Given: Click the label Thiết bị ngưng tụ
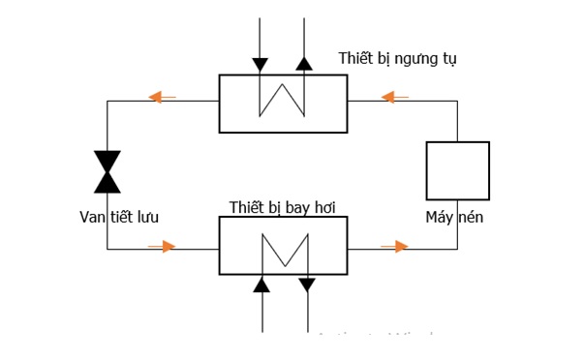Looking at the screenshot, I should point(397,58).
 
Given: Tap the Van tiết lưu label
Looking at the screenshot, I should point(119,218).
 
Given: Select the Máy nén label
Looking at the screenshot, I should point(454,218).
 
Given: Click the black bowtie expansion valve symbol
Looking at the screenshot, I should point(107,171).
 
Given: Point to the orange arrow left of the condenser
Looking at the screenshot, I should point(161,97).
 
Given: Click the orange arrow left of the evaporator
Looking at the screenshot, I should point(163,247).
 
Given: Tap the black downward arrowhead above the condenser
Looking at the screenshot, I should point(260,64).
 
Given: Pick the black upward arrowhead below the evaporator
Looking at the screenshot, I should point(261,285).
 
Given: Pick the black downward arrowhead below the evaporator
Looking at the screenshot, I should point(307,285).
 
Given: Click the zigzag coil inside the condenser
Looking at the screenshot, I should point(282,99).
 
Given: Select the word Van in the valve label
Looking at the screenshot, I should point(92,218).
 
